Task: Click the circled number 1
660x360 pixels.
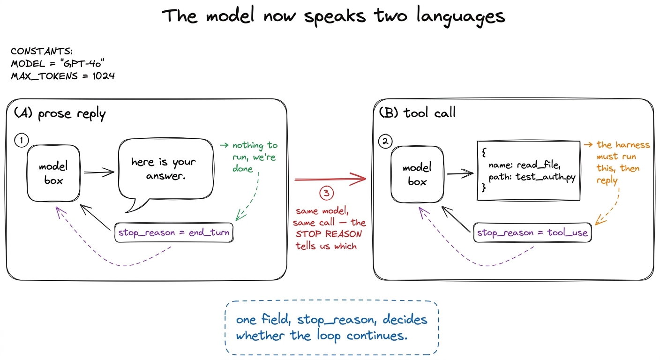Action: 22,141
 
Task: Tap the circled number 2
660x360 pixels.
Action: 385,142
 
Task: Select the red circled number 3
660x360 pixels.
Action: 326,193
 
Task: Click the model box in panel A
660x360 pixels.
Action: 53,173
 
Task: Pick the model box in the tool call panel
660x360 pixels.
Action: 417,174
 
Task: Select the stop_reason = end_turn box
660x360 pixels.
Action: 174,232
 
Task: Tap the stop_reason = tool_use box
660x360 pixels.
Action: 532,232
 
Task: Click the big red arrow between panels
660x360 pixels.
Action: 330,179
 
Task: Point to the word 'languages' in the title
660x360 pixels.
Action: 460,17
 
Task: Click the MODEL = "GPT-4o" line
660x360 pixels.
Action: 58,64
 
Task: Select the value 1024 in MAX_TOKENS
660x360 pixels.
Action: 104,76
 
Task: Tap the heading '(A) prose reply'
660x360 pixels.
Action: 60,114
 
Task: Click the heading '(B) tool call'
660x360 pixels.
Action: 417,112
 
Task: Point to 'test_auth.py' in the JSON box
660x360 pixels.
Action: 545,177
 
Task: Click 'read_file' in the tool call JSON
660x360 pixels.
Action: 538,165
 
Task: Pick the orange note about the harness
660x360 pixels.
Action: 617,162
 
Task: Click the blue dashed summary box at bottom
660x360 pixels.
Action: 332,328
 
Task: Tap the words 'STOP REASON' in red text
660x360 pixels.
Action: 329,234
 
